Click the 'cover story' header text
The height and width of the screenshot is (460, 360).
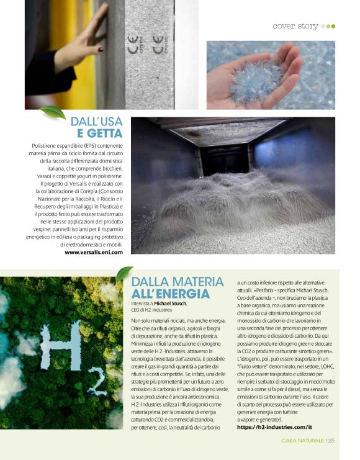tap(295, 26)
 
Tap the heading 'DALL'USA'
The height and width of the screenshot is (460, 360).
tap(96, 121)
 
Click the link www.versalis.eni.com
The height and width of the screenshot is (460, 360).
tap(94, 252)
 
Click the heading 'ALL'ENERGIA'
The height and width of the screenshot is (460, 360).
tap(170, 293)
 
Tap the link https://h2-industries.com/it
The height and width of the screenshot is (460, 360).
tap(274, 410)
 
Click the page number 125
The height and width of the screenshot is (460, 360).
tap(330, 440)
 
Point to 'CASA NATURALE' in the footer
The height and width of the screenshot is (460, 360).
tap(302, 440)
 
